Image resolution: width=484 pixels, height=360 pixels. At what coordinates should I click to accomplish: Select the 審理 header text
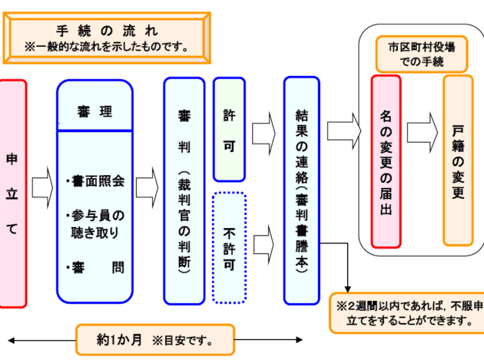[94, 112]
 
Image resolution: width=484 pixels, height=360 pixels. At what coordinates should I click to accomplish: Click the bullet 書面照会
[95, 182]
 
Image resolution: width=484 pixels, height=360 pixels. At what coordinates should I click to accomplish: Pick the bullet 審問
[95, 268]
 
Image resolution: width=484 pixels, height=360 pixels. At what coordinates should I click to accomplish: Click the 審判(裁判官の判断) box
[184, 190]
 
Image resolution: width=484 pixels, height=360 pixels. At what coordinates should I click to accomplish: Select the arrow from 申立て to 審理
[41, 184]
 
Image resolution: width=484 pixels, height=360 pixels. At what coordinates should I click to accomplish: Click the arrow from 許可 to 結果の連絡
[264, 123]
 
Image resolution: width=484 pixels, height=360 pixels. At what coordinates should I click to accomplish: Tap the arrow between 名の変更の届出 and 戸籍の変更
[422, 131]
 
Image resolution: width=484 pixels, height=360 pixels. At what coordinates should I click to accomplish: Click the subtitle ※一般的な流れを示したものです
[107, 46]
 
